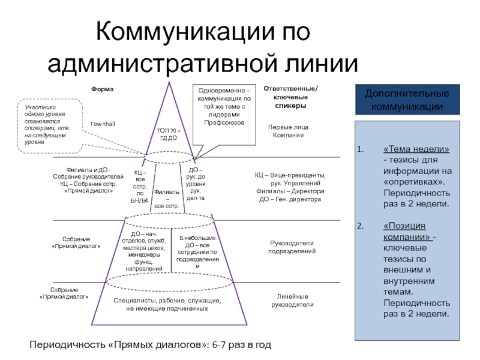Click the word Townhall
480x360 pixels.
point(102,123)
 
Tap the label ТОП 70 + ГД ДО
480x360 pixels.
point(168,134)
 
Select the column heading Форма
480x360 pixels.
point(102,89)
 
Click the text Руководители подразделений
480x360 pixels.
point(292,247)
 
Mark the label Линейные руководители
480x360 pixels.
point(292,301)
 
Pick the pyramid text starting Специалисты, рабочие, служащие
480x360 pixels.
point(167,304)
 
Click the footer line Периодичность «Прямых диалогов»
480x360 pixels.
point(151,345)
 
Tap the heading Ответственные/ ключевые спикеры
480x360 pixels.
point(291,97)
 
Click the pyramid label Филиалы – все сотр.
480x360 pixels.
point(167,199)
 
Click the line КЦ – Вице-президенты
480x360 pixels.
point(291,175)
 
